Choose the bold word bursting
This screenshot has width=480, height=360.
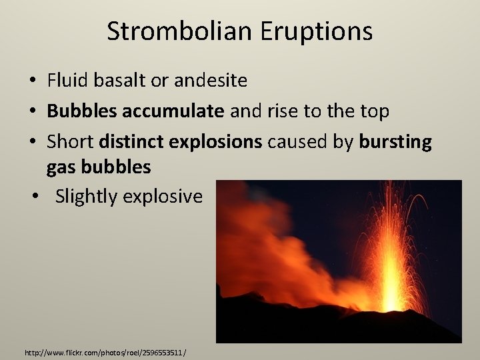(x=395, y=142)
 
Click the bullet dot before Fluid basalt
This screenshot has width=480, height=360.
(x=33, y=81)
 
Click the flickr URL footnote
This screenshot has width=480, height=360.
(x=105, y=351)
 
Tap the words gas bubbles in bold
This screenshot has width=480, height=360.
(x=99, y=167)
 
